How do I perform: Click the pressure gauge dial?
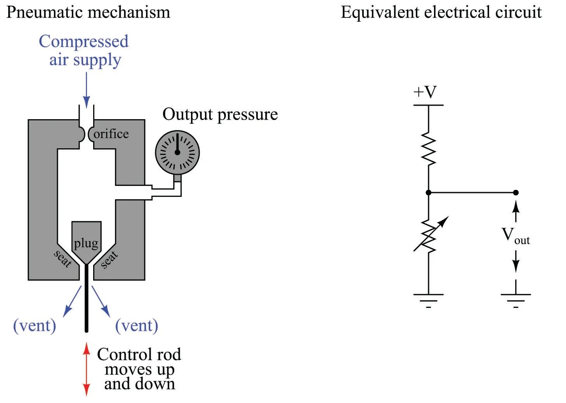click(177, 152)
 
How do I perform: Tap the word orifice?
click(111, 134)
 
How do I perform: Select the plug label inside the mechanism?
click(86, 243)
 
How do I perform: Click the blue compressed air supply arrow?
click(86, 89)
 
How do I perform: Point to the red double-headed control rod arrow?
click(87, 369)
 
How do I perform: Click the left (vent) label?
click(35, 325)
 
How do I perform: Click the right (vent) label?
click(137, 325)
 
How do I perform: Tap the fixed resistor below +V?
click(429, 149)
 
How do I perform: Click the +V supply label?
click(425, 92)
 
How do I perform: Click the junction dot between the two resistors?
click(429, 193)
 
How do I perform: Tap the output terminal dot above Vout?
click(516, 193)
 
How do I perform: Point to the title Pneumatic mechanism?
click(89, 12)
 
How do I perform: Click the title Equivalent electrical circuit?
click(441, 12)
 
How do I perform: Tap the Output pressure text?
click(220, 115)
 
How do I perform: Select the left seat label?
click(63, 259)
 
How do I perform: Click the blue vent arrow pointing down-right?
click(101, 301)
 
